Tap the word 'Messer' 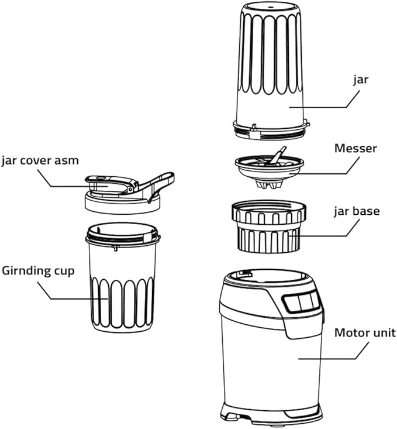click(355, 148)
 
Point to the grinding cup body click(123, 281)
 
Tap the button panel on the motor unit click(302, 302)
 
